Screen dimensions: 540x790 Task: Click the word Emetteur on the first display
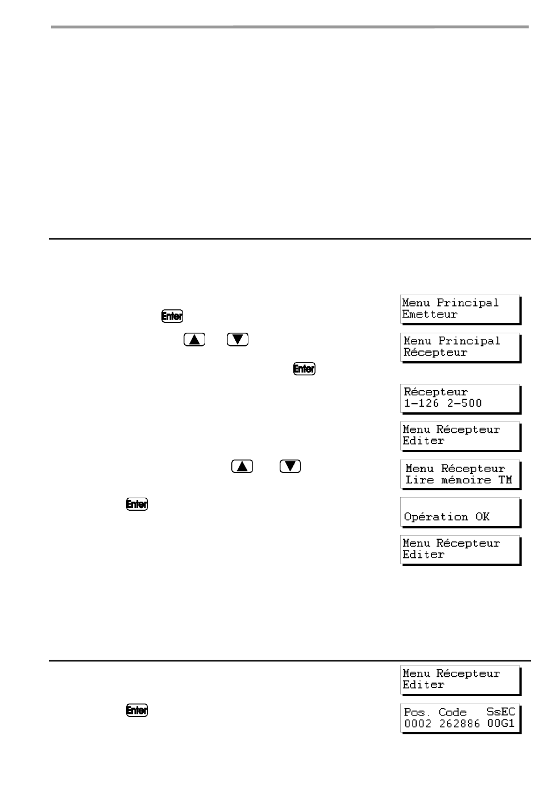pyautogui.click(x=430, y=314)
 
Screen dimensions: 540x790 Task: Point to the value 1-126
pyautogui.click(x=421, y=403)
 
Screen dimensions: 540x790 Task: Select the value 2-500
pyautogui.click(x=464, y=403)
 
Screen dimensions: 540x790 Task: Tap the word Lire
pyautogui.click(x=419, y=479)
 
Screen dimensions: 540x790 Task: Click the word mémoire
pyautogui.click(x=466, y=479)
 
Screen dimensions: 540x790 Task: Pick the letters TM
pyautogui.click(x=505, y=479)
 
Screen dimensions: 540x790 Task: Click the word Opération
pyautogui.click(x=436, y=517)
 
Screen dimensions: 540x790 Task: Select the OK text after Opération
pyautogui.click(x=482, y=516)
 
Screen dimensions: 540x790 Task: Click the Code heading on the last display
pyautogui.click(x=452, y=712)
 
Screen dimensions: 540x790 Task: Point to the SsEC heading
pyautogui.click(x=501, y=712)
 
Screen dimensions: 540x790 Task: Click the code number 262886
pyautogui.click(x=459, y=723)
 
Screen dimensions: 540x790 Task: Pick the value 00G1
pyautogui.click(x=501, y=723)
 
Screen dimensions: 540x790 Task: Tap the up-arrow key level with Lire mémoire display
pyautogui.click(x=242, y=466)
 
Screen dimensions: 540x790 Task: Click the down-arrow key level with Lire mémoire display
pyautogui.click(x=290, y=466)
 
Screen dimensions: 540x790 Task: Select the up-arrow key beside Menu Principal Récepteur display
pyautogui.click(x=194, y=340)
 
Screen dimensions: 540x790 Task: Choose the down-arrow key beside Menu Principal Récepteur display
pyautogui.click(x=238, y=340)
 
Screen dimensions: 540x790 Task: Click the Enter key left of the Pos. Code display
pyautogui.click(x=137, y=710)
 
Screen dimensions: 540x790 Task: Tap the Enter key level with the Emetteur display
pyautogui.click(x=172, y=316)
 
